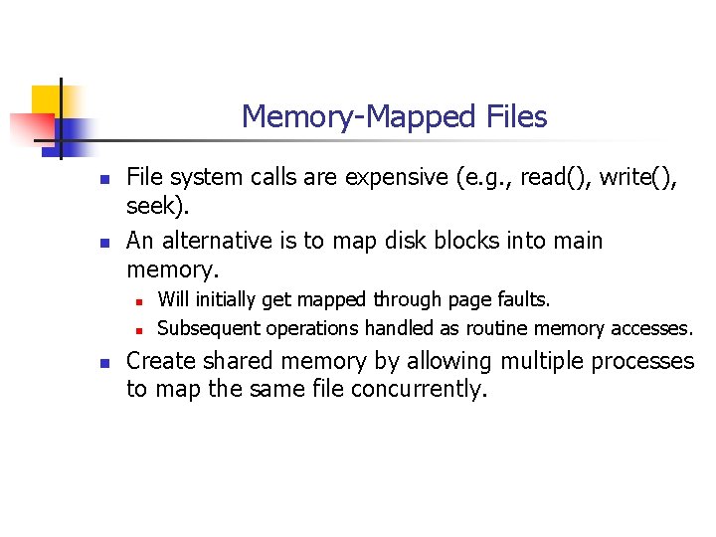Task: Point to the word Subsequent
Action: click(208, 327)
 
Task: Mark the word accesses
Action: click(651, 327)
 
